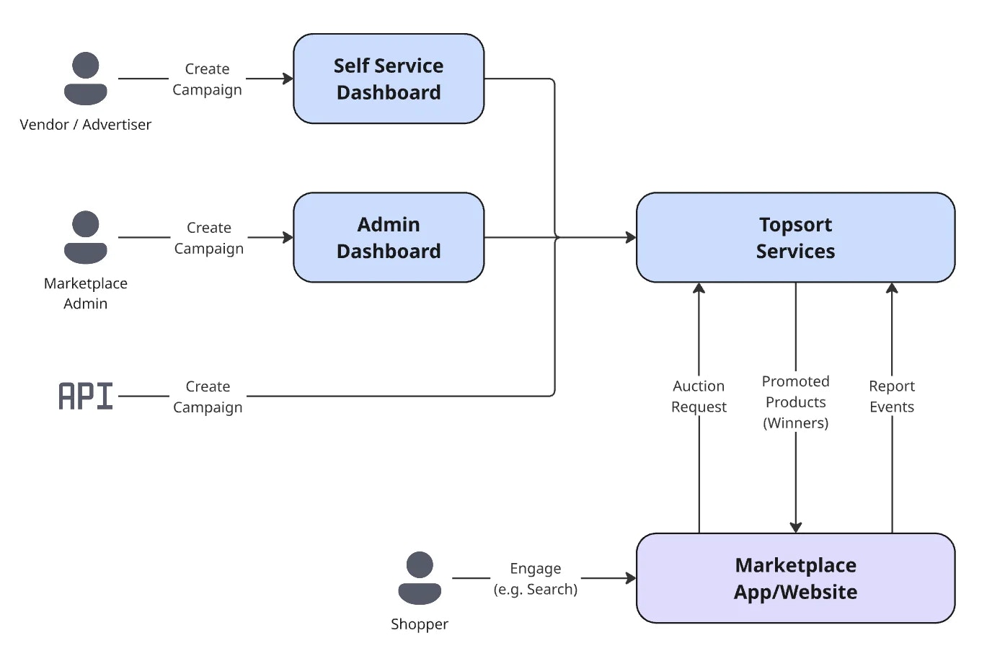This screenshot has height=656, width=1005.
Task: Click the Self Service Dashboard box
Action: [389, 79]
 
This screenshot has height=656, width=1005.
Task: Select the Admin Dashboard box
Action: [389, 237]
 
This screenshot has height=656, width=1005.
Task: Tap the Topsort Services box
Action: [795, 237]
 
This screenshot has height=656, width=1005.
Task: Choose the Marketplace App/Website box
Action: [795, 578]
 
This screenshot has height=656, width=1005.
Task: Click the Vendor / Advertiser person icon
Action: [86, 79]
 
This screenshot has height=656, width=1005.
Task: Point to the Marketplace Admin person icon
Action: [86, 237]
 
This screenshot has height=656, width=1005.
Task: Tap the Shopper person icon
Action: [420, 578]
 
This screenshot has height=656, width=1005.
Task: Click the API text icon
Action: [86, 396]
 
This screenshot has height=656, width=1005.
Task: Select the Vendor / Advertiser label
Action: [86, 125]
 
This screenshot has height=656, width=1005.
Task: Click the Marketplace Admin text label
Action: [86, 293]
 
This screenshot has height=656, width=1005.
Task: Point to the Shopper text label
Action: [420, 624]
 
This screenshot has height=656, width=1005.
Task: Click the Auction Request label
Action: [699, 396]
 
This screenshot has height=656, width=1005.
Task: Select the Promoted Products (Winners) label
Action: [796, 402]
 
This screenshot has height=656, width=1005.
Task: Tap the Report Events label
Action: [892, 396]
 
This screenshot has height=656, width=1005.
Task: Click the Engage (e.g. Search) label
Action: [536, 579]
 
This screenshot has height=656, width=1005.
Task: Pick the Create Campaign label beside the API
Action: [208, 396]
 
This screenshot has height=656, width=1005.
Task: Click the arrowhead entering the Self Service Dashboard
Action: [288, 79]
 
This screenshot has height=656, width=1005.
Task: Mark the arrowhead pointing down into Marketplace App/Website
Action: [796, 528]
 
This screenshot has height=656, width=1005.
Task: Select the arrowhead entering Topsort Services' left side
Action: [631, 237]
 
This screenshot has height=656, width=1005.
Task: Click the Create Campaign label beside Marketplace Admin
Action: [209, 238]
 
